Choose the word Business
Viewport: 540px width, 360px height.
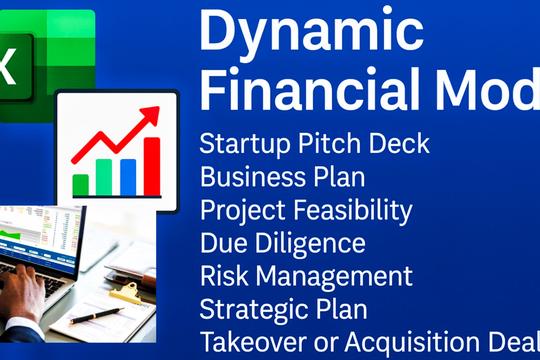(x=245, y=177)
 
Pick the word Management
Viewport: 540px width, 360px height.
(x=328, y=276)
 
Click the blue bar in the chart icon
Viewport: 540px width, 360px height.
(x=128, y=177)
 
